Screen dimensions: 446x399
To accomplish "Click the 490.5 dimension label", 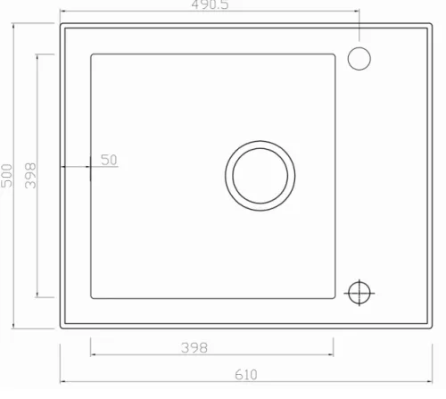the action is point(210,4).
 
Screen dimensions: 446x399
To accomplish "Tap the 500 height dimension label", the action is point(7,176).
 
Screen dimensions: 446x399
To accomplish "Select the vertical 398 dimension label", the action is point(30,176).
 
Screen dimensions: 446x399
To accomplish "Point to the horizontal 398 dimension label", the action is point(194,347).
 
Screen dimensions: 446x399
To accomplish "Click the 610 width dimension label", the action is point(246,375).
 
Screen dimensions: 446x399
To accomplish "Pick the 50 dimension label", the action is point(109,160).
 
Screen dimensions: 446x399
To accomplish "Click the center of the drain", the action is point(260,176).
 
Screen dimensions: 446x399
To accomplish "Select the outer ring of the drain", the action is point(260,142).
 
